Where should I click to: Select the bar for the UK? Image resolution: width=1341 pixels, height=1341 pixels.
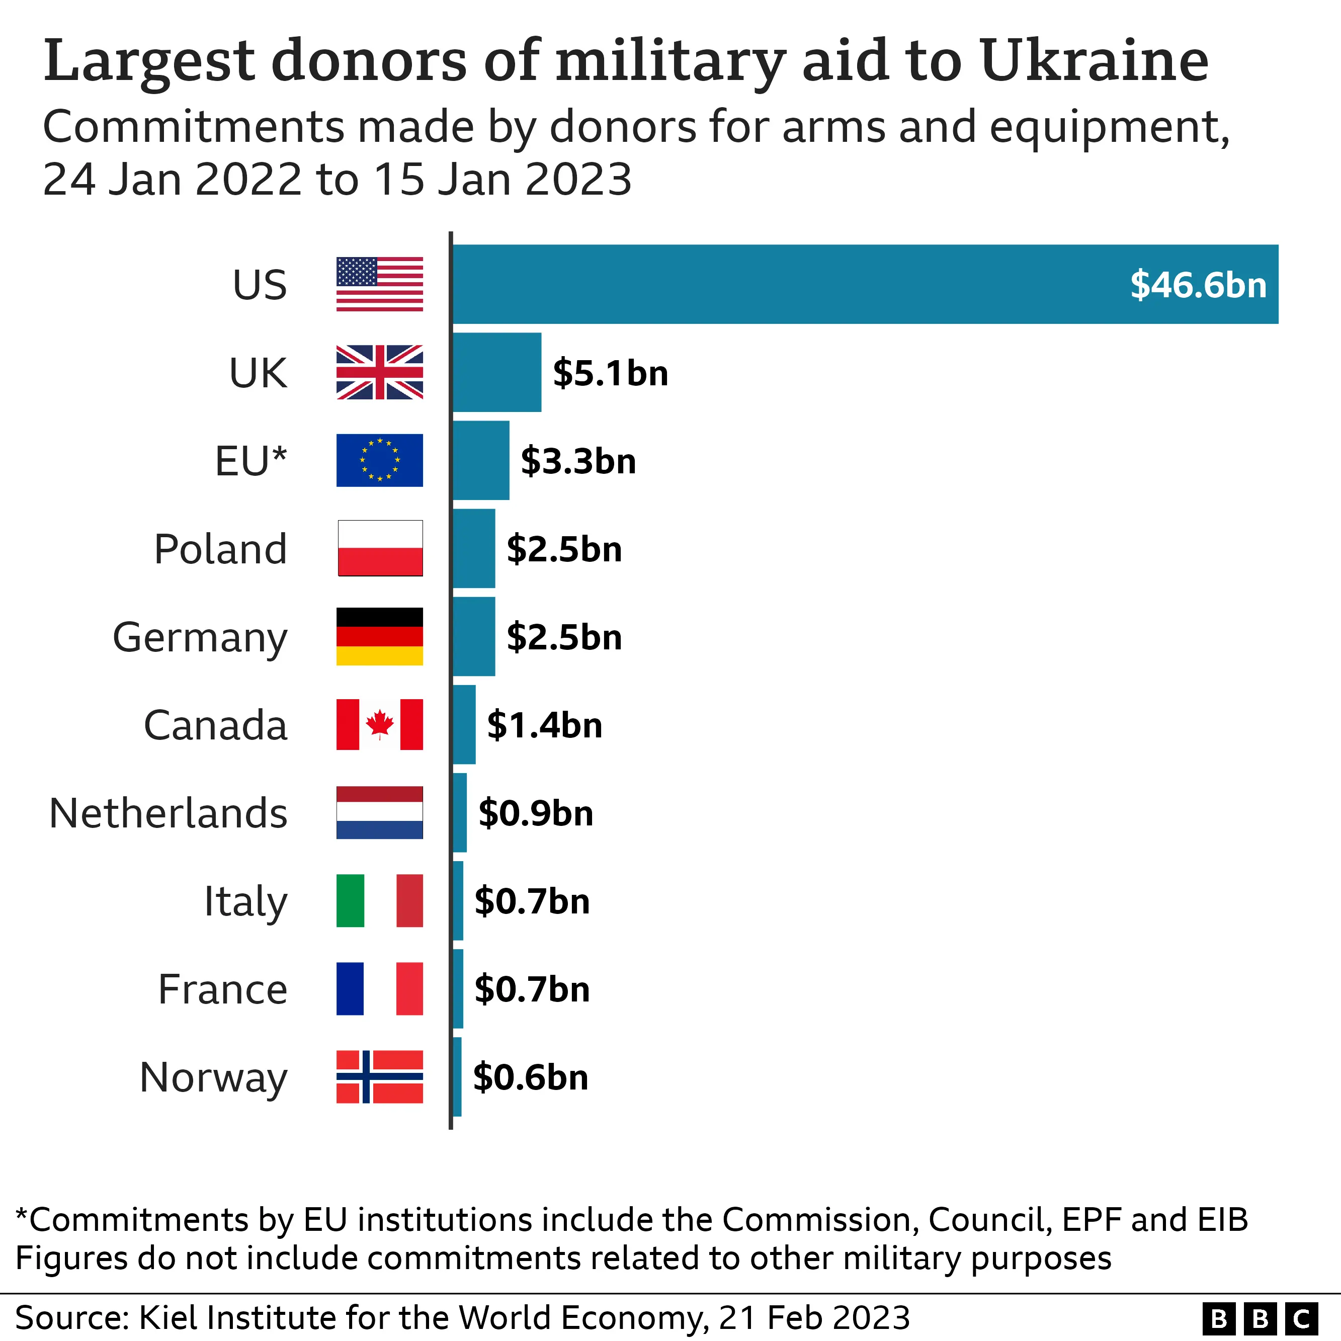pos(496,372)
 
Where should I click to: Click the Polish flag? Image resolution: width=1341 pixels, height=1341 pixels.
pos(380,548)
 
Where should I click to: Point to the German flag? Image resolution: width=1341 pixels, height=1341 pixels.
pos(380,636)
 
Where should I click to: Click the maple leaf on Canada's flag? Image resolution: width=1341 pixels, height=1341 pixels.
pos(380,724)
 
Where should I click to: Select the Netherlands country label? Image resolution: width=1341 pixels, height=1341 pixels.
pos(168,813)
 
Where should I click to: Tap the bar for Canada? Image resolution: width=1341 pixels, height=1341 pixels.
pos(464,725)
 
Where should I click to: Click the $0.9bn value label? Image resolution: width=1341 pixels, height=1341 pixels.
pos(536,813)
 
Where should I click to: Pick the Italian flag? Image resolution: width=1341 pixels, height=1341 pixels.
pos(380,901)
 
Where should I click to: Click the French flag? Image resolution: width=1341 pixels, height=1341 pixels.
pos(380,988)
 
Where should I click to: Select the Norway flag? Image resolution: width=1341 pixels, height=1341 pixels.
pos(380,1076)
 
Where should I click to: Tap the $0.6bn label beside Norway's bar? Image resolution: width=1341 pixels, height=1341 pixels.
pos(530,1077)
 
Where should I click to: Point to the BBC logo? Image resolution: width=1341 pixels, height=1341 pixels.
pos(1260,1318)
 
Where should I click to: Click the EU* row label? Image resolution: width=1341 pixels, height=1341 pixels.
pos(250,461)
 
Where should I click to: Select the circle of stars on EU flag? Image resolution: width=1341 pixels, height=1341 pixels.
pos(380,460)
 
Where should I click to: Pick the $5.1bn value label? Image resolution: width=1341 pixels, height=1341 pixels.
pos(610,373)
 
